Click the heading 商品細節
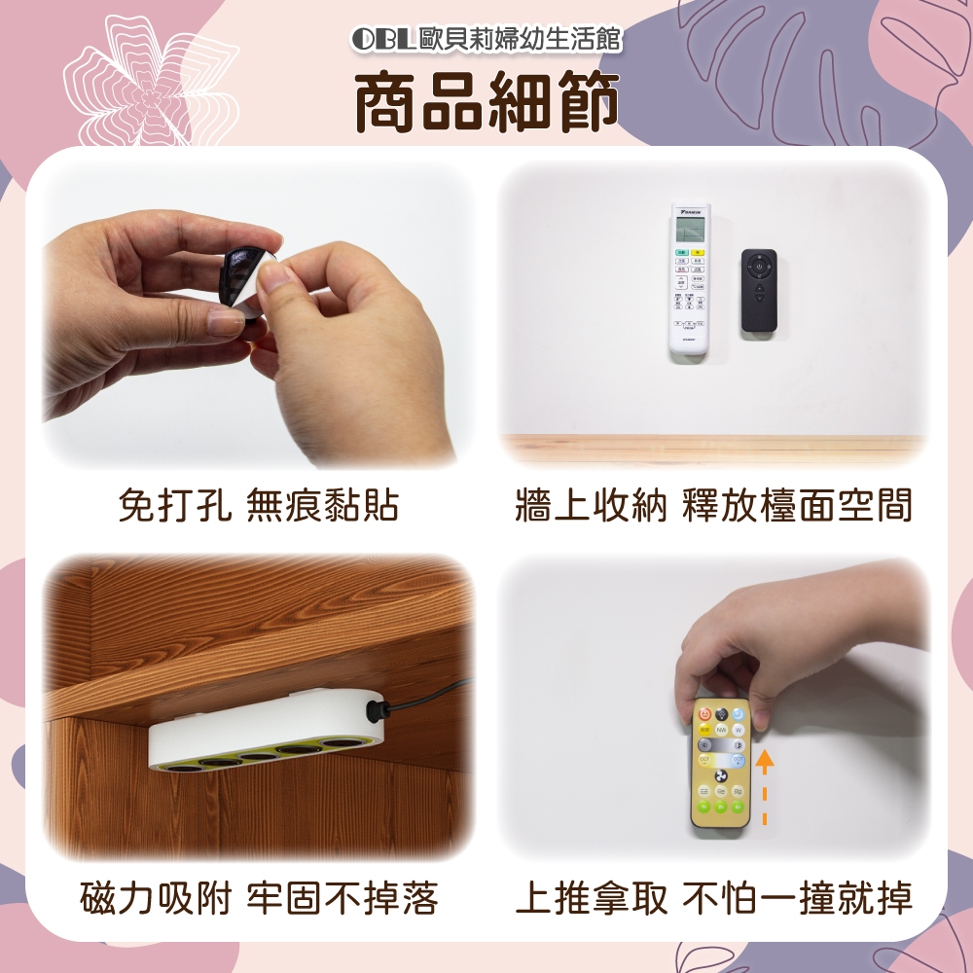(487, 101)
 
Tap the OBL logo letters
(382, 39)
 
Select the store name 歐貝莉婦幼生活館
(520, 39)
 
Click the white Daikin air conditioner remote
(690, 278)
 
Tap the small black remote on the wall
(759, 290)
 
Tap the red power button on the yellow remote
(704, 714)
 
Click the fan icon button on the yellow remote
(720, 775)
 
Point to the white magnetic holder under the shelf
(267, 731)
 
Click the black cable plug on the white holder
(377, 708)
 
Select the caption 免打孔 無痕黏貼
(258, 505)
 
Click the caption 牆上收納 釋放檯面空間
(713, 505)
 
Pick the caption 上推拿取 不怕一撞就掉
(713, 897)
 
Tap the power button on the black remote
(759, 267)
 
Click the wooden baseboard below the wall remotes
(713, 448)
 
